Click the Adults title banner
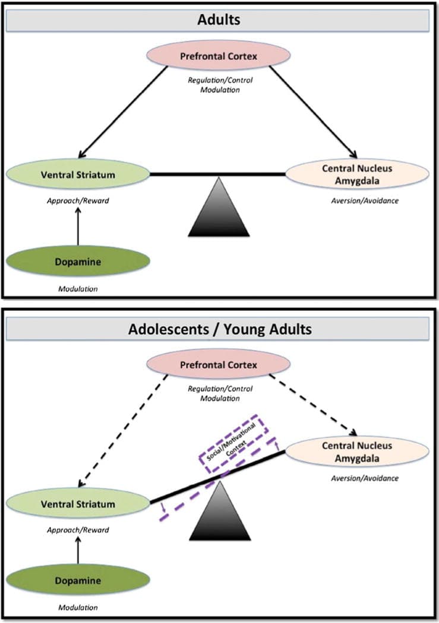coord(219,21)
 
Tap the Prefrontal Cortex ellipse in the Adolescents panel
coord(219,365)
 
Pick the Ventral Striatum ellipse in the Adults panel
coord(78,174)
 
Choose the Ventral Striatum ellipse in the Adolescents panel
coord(78,504)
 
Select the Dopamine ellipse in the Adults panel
coord(78,260)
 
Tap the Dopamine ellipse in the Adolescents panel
coord(78,580)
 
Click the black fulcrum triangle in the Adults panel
coord(219,207)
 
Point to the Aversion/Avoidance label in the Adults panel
coord(364,201)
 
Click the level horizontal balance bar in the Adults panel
coord(217,174)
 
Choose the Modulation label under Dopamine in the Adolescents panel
coord(78,608)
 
